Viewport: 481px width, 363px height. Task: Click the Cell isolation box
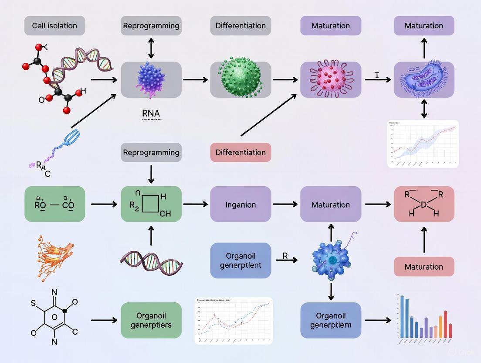55,26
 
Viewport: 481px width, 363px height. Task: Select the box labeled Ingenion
240,204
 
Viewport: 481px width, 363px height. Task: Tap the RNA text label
151,113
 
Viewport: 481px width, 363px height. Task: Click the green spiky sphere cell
240,79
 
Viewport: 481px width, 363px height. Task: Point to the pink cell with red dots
330,79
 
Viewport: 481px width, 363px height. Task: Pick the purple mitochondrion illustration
423,79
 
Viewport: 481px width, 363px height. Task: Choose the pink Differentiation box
240,152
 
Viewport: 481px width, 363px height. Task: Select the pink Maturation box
423,267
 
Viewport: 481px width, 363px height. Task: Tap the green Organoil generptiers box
151,320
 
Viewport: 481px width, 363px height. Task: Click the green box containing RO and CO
55,204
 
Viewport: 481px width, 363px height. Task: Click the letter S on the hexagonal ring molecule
33,301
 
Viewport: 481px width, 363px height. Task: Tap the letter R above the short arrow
285,256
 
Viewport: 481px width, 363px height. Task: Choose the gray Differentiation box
240,26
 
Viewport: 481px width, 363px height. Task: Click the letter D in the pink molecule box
423,205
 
